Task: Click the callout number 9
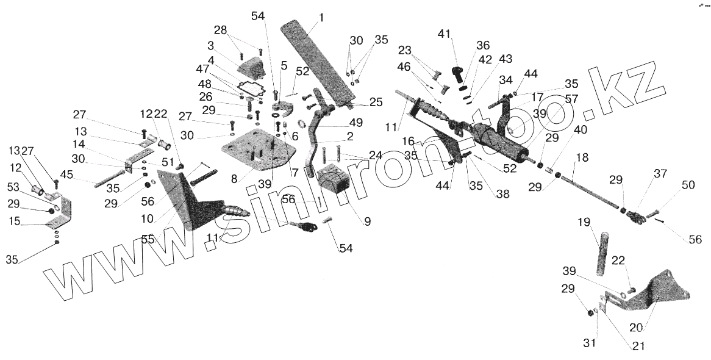coord(367,222)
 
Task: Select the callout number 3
coord(210,45)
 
